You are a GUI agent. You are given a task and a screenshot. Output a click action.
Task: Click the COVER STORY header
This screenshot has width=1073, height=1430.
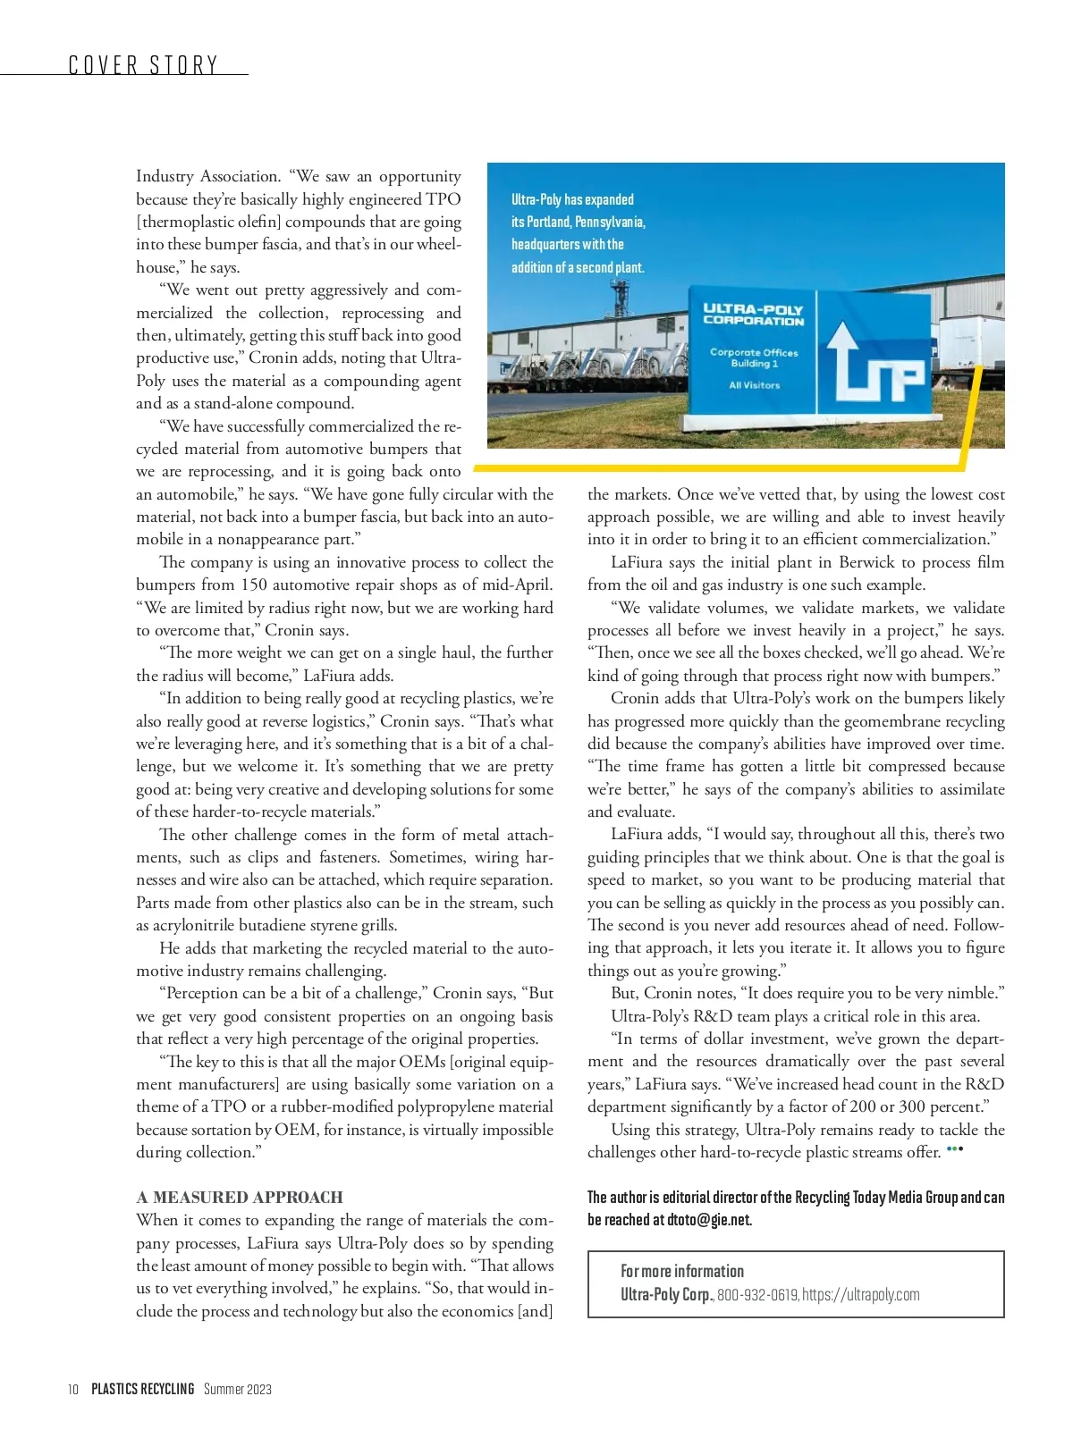point(144,65)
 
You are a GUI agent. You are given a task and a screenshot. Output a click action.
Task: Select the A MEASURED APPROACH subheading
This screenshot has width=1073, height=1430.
point(240,1197)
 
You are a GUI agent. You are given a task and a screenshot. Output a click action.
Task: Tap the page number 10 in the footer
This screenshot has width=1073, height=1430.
point(73,1389)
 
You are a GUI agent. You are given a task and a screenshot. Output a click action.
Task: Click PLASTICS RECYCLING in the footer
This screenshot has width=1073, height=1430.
point(143,1389)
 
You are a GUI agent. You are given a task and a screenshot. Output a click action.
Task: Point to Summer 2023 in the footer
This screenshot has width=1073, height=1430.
point(238,1389)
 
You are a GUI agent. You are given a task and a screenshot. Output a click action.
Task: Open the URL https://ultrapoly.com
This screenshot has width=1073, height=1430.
point(860,1294)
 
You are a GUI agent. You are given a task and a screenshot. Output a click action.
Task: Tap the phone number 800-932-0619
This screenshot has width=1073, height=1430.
point(757,1294)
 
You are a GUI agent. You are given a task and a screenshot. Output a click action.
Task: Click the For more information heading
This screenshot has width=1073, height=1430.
point(682,1271)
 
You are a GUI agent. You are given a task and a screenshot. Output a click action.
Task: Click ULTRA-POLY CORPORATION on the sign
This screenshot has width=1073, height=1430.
point(753,315)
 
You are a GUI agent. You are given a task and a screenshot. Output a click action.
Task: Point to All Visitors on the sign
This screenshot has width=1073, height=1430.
point(754,385)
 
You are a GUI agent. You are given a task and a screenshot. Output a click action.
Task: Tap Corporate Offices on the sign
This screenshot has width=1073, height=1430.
point(754,352)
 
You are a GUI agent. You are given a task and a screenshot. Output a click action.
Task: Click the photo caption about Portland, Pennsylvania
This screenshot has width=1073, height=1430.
point(578,233)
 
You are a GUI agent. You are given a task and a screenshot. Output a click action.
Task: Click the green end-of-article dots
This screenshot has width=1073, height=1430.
point(954,1149)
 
